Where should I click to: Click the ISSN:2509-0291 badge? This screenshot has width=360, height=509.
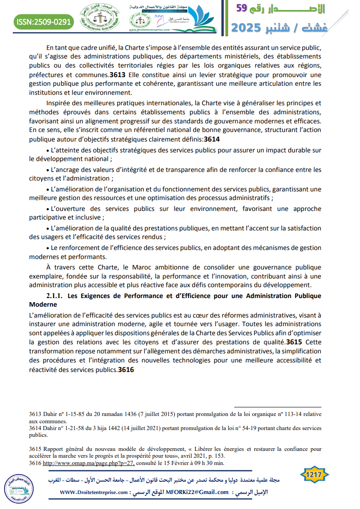44,21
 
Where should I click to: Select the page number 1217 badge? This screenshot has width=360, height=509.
315,475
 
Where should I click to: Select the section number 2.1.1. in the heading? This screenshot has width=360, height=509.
57,296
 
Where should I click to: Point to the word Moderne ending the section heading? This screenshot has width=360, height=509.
44,304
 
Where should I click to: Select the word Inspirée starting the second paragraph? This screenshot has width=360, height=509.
60,103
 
